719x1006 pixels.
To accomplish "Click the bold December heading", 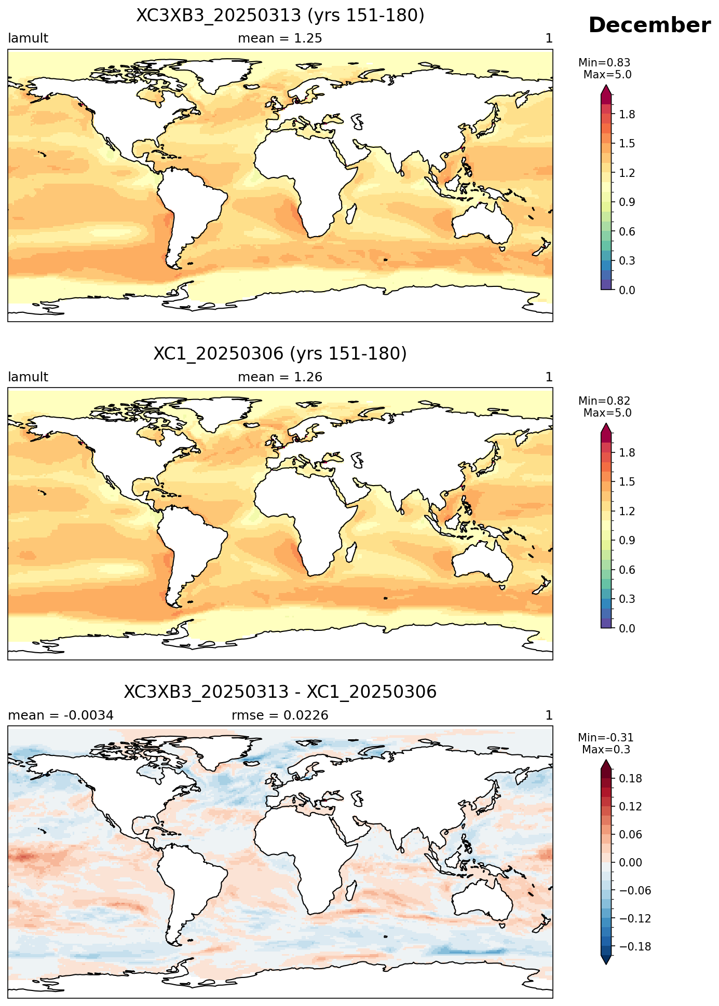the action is pos(649,25).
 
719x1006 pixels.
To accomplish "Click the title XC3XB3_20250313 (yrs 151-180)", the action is pos(280,16).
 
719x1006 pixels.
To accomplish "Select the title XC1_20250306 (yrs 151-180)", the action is pos(280,354).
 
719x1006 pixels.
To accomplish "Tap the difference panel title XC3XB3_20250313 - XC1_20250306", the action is pos(280,692).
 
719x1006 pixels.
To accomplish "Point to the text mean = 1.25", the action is pos(280,38).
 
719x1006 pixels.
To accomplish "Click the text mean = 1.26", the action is pos(280,377).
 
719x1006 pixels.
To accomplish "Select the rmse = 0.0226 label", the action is pos(280,715).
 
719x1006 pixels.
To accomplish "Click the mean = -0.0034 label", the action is pos(61,715).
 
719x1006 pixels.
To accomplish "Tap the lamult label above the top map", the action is pos(28,38).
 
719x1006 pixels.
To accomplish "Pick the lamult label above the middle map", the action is pos(28,377).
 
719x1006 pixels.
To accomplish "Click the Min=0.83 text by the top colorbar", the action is pos(604,63).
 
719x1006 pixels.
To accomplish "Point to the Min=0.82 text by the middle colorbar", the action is pos(604,401).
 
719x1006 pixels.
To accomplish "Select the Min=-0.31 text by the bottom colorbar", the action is pos(606,738).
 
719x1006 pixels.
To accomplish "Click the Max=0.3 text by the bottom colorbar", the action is pos(606,750).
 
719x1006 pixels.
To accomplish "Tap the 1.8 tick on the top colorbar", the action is pos(627,115).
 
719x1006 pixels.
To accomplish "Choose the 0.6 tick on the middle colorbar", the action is pos(627,570).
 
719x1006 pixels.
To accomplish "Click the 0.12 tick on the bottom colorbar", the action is pos(630,807).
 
